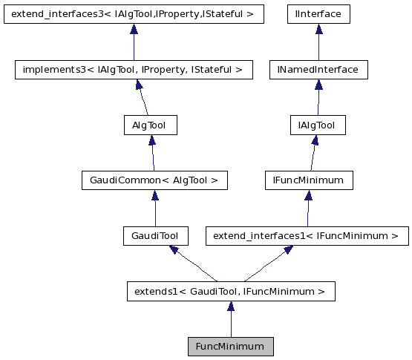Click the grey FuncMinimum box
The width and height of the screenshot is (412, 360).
pyautogui.click(x=230, y=347)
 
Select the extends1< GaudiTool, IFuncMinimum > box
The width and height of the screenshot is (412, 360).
pyautogui.click(x=230, y=292)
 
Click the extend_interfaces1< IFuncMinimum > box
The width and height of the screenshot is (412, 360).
pyautogui.click(x=306, y=237)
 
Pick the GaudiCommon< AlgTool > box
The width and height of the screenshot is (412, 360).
pyautogui.click(x=154, y=180)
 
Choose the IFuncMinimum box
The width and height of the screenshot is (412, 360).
pyautogui.click(x=309, y=180)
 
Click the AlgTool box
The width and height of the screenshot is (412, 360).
pyautogui.click(x=150, y=125)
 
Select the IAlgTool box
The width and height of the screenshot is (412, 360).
pyautogui.click(x=317, y=125)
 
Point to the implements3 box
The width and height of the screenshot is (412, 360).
pyautogui.click(x=134, y=70)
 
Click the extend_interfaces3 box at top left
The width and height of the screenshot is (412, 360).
pyautogui.click(x=134, y=14)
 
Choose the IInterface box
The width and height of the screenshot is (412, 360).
pyautogui.click(x=318, y=14)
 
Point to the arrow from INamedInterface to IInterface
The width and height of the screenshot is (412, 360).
pyautogui.click(x=319, y=42)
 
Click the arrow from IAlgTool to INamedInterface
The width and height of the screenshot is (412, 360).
pyautogui.click(x=318, y=98)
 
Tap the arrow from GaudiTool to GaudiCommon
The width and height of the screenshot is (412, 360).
pyautogui.click(x=154, y=209)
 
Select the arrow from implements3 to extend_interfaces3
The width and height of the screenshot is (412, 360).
pyautogui.click(x=134, y=42)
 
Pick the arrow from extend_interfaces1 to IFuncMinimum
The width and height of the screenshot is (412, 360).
pyautogui.click(x=307, y=209)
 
